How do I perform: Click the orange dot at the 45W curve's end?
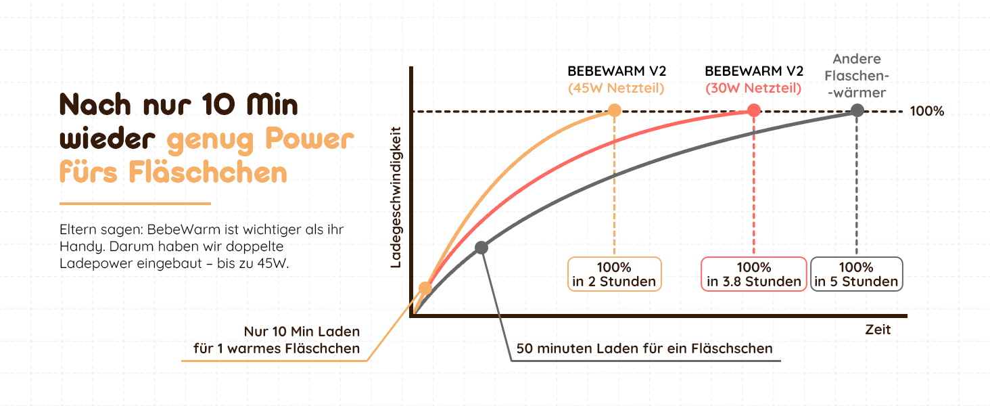click(x=614, y=110)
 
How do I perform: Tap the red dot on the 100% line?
click(x=754, y=110)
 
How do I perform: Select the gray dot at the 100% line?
click(x=857, y=110)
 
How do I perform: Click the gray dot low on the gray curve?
click(x=481, y=248)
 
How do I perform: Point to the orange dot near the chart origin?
click(x=425, y=288)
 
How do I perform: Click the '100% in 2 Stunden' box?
click(x=614, y=274)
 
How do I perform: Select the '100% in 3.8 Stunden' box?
click(x=754, y=274)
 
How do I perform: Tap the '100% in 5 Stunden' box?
click(x=857, y=274)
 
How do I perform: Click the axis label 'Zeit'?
click(x=878, y=330)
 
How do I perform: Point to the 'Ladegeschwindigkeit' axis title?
click(x=396, y=197)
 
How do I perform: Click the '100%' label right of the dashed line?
click(x=926, y=111)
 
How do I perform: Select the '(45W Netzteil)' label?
click(x=615, y=88)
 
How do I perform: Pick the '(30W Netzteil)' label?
click(x=753, y=88)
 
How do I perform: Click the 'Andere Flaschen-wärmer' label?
click(x=857, y=76)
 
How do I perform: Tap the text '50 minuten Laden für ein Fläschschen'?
click(x=644, y=349)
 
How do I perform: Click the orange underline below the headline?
click(x=135, y=203)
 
